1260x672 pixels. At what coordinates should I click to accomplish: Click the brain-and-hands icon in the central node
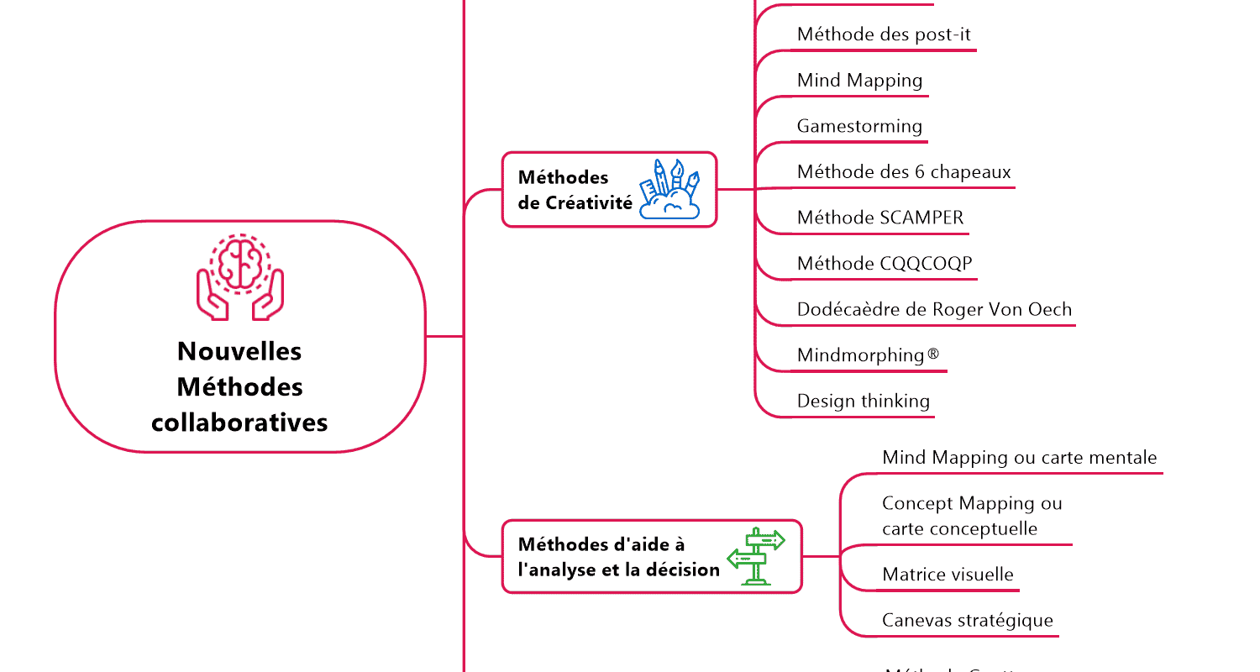240,276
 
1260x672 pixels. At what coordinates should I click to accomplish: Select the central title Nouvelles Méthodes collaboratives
240,386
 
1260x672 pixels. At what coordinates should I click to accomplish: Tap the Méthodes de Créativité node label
575,190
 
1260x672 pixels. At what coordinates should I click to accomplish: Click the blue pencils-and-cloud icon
669,189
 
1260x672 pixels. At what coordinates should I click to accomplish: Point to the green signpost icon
755,556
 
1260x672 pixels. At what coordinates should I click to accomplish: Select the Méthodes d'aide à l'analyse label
619,557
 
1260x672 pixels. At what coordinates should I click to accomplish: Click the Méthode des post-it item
884,34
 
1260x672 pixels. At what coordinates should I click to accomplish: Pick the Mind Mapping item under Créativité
859,81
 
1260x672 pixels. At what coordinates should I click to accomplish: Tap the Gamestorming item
859,126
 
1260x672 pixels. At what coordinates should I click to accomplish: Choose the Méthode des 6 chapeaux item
904,172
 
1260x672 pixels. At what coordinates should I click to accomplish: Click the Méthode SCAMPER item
880,218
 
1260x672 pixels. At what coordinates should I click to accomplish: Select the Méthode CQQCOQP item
885,264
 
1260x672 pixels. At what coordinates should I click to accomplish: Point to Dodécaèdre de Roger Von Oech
934,309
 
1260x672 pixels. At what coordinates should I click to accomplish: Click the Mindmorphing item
861,355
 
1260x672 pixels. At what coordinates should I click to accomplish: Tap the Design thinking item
864,401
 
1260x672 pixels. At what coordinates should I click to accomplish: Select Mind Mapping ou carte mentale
1019,458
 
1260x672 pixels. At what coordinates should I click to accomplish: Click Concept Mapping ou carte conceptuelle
972,516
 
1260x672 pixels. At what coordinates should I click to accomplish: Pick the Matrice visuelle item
948,575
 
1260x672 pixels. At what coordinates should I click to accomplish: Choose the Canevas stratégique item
967,620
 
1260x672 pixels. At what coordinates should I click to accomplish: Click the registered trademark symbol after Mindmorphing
933,354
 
